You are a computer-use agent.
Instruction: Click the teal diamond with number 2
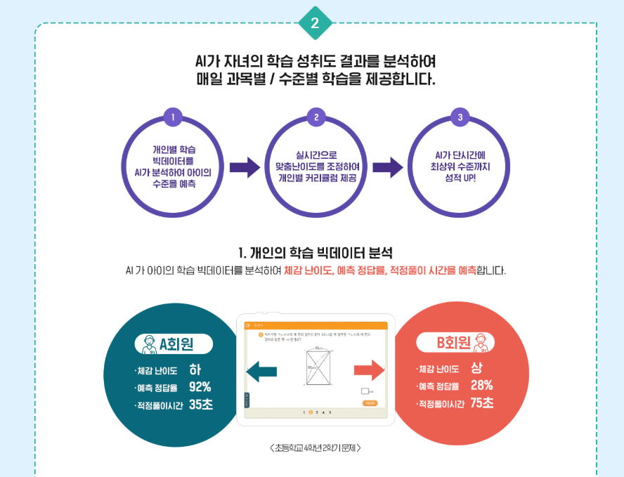pyautogui.click(x=315, y=23)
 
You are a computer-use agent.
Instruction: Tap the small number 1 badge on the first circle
pyautogui.click(x=172, y=117)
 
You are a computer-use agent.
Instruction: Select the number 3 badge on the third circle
pyautogui.click(x=460, y=117)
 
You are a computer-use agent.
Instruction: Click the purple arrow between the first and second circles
pyautogui.click(x=244, y=167)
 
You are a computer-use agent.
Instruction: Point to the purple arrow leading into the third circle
pyautogui.click(x=387, y=167)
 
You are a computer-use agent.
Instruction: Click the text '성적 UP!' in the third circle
pyautogui.click(x=460, y=178)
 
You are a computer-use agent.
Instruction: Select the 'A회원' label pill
pyautogui.click(x=173, y=344)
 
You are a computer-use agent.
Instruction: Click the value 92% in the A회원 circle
pyautogui.click(x=200, y=386)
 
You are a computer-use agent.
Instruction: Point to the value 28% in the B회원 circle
pyautogui.click(x=481, y=385)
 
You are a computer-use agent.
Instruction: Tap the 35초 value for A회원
pyautogui.click(x=200, y=404)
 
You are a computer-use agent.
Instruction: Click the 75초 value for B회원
pyautogui.click(x=482, y=403)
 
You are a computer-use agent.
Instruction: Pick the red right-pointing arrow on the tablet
pyautogui.click(x=370, y=370)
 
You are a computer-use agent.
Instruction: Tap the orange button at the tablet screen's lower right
pyautogui.click(x=370, y=403)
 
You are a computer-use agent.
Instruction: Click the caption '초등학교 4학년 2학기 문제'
pyautogui.click(x=316, y=447)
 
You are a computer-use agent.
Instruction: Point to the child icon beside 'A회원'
pyautogui.click(x=149, y=344)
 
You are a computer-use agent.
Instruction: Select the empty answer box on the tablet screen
pyautogui.click(x=365, y=391)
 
